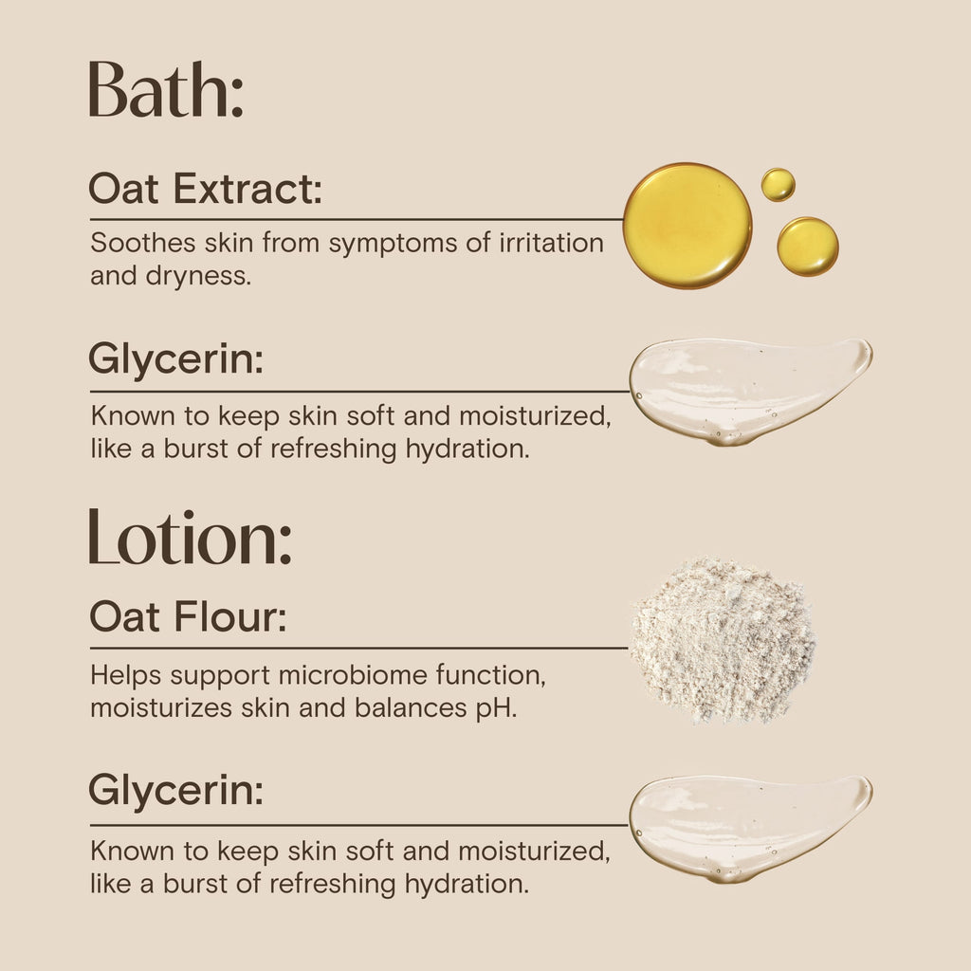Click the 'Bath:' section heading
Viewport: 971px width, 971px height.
165,89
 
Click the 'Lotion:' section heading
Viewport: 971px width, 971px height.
190,537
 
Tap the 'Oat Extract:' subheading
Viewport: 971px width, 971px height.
205,189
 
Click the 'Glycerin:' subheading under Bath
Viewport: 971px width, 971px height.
175,360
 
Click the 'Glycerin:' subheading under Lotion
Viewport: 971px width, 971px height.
175,792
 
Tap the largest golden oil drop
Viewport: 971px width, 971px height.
687,226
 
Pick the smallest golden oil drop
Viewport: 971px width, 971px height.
778,185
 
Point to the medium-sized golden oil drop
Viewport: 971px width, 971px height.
808,247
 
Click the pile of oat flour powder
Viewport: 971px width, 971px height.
722,641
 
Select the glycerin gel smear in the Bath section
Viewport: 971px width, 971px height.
751,391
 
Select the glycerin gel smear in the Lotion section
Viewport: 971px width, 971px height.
751,829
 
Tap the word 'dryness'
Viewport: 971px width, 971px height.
198,277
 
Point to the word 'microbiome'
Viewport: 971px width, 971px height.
353,675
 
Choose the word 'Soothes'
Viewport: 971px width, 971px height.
143,243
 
